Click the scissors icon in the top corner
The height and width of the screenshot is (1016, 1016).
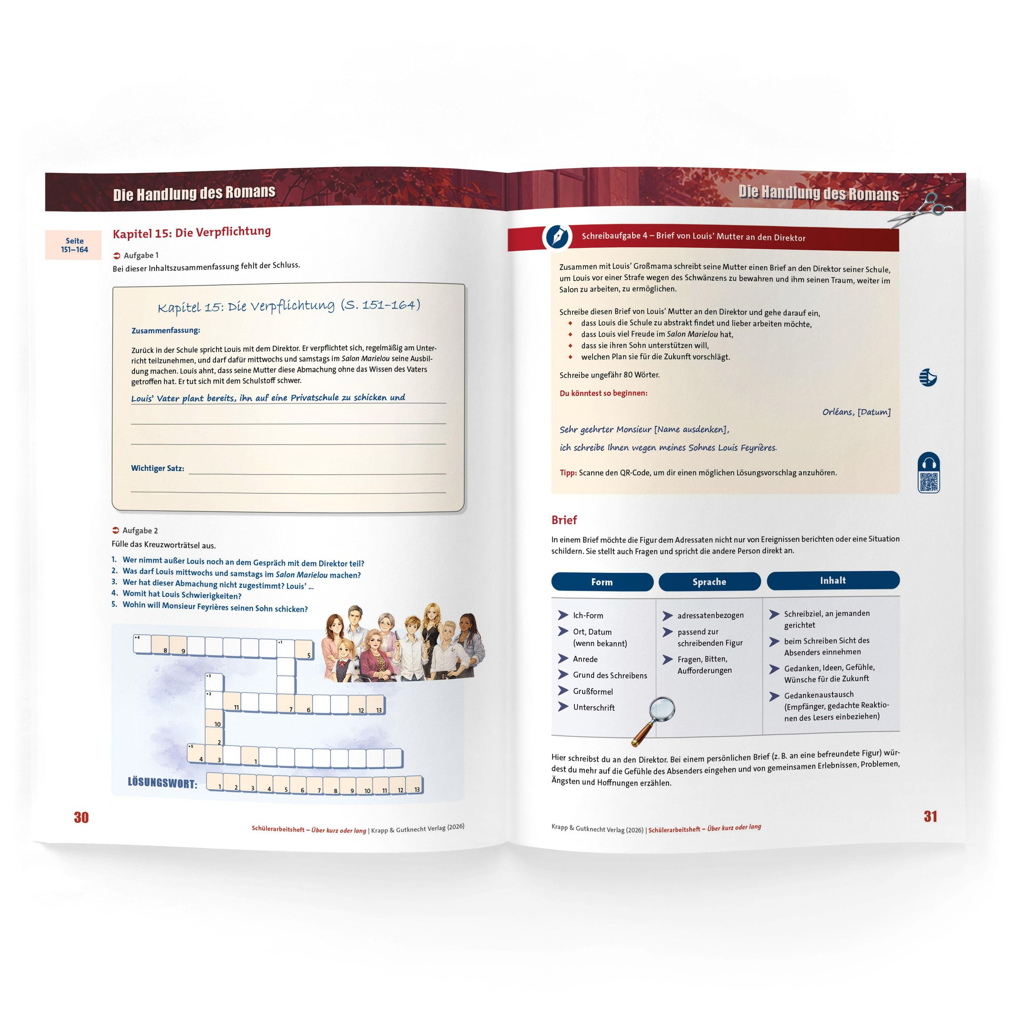(920, 211)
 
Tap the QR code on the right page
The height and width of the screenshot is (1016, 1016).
(929, 482)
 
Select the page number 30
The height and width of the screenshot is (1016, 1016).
(81, 817)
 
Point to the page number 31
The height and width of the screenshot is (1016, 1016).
(930, 816)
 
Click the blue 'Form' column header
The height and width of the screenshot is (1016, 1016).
(602, 582)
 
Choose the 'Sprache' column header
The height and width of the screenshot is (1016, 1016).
(710, 582)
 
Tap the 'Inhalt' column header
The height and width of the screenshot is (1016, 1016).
(833, 580)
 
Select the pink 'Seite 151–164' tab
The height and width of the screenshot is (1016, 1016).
(74, 245)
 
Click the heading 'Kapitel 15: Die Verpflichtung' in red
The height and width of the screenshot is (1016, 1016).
(192, 232)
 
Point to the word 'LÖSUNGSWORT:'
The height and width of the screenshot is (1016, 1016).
(163, 783)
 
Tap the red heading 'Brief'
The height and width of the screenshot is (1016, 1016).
(564, 520)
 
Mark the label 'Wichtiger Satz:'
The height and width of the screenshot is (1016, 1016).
(158, 468)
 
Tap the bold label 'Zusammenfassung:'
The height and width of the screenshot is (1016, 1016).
(166, 330)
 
